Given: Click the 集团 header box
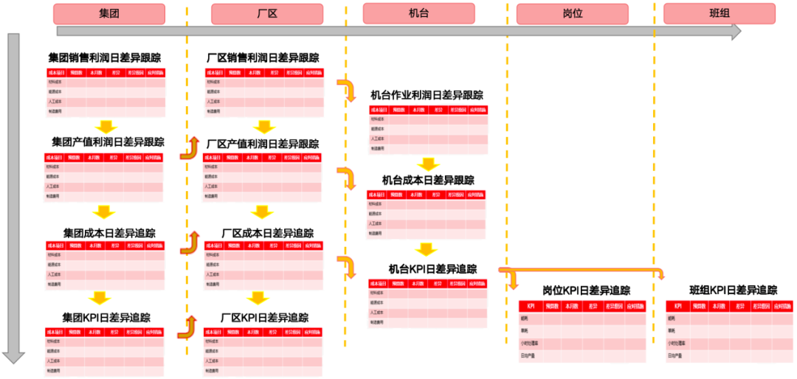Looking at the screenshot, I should pos(109,14).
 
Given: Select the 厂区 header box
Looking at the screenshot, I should pos(267,14).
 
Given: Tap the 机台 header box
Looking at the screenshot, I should pos(418,14).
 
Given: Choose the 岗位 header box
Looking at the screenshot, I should pos(572,14).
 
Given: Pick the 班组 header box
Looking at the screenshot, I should pos(720,14).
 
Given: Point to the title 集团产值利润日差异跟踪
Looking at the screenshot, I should pos(107,142).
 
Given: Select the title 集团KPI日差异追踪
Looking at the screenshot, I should pos(106,318).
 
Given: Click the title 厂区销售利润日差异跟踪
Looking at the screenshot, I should pos(263,58).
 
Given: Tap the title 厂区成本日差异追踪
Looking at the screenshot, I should pos(267,233).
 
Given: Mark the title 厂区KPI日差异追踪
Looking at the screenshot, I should pos(264,318).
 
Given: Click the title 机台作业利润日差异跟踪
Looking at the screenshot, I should pos(427,95).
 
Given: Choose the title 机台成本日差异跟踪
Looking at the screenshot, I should pos(427,180).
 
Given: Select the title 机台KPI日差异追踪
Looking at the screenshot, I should pos(432,269).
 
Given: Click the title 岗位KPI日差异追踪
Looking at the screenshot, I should pos(586,291).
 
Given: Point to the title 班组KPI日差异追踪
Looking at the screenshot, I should pos(733,291).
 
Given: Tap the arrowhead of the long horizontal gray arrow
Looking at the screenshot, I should pos(734,31).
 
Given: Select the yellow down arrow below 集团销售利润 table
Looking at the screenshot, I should pos(107,126).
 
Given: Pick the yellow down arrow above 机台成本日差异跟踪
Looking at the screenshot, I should pos(427,164).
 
